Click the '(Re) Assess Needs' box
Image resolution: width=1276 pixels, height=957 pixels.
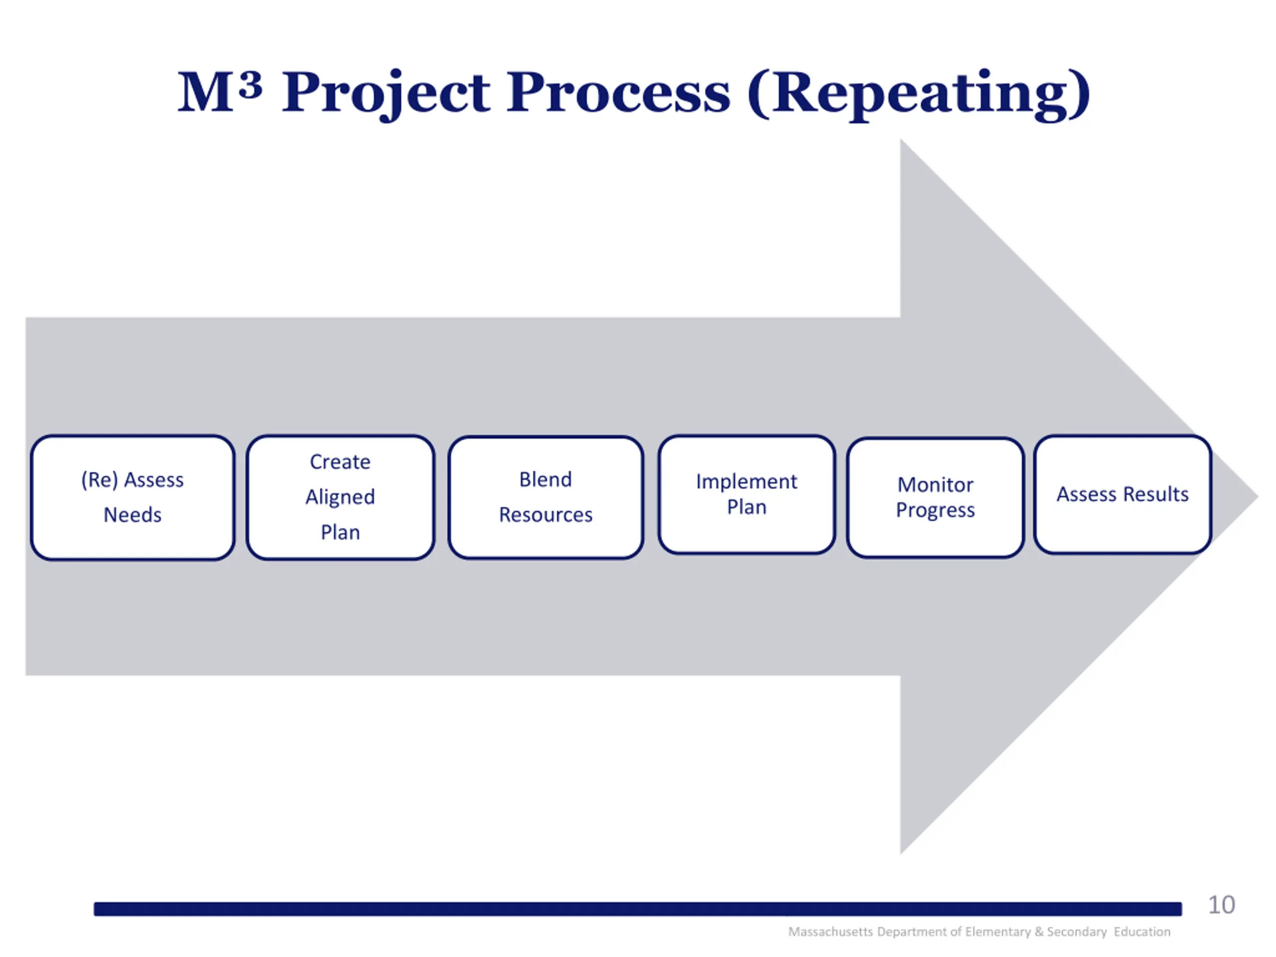[x=133, y=497]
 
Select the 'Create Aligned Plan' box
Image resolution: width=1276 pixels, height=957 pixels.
[x=340, y=497]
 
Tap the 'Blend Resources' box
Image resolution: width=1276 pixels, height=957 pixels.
[x=546, y=497]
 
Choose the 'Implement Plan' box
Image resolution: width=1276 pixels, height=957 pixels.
[x=747, y=494]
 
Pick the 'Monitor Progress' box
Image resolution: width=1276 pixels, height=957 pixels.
[x=935, y=497]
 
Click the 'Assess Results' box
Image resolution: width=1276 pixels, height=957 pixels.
[x=1122, y=494]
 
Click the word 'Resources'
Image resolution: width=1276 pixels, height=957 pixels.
[x=546, y=514]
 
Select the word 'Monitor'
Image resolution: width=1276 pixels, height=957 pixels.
[x=935, y=484]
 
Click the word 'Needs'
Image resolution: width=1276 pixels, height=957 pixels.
[x=133, y=514]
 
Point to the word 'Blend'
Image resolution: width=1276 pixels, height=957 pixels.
[x=546, y=479]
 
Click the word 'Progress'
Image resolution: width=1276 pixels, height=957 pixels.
[x=935, y=510]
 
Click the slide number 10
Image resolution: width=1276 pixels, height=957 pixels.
[x=1221, y=905]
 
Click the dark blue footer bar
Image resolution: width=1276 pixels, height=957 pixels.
[x=638, y=909]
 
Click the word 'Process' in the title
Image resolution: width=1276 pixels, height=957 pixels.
[x=619, y=93]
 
